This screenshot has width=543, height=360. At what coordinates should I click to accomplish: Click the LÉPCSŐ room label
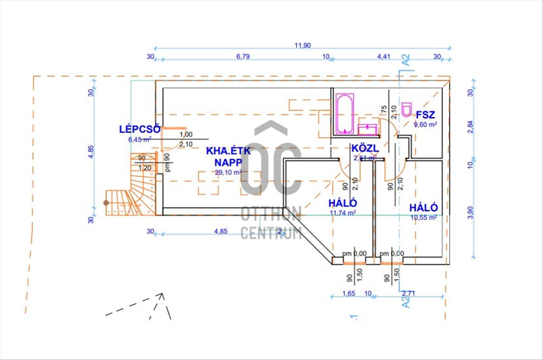tap(139, 129)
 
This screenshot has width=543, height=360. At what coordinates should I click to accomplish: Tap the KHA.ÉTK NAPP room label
tap(229, 157)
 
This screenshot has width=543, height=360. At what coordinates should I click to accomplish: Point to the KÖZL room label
tap(365, 149)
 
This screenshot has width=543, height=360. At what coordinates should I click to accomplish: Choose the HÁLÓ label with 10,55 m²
tap(424, 208)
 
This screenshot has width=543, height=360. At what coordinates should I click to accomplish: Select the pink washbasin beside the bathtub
tap(367, 130)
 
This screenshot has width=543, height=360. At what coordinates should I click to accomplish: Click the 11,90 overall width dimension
tap(302, 45)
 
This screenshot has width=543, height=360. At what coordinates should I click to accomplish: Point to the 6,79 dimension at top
tap(243, 57)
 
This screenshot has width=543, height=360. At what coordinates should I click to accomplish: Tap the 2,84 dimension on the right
tap(470, 127)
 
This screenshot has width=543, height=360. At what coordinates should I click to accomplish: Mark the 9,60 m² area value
tap(425, 125)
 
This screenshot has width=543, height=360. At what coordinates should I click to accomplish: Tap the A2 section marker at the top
tap(405, 60)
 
